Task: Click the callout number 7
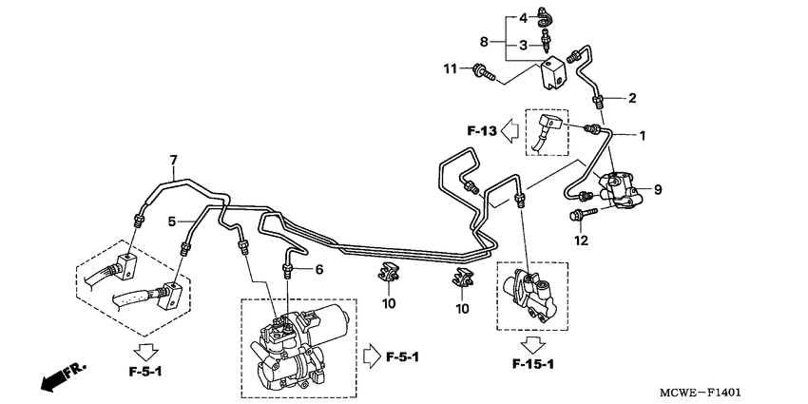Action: point(173,160)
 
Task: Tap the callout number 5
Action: point(172,221)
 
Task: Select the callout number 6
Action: point(319,269)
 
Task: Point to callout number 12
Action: point(581,240)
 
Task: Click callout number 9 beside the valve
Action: point(658,189)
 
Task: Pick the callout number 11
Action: point(451,68)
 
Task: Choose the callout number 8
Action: point(484,41)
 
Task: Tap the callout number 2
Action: point(632,98)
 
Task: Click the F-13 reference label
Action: point(482,131)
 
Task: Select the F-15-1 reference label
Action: point(533,365)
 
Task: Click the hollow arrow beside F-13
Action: point(510,131)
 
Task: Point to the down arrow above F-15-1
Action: point(533,344)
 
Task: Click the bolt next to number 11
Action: point(483,72)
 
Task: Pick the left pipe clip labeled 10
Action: point(387,273)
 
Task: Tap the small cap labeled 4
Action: point(544,16)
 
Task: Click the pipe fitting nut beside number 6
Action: point(287,270)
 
